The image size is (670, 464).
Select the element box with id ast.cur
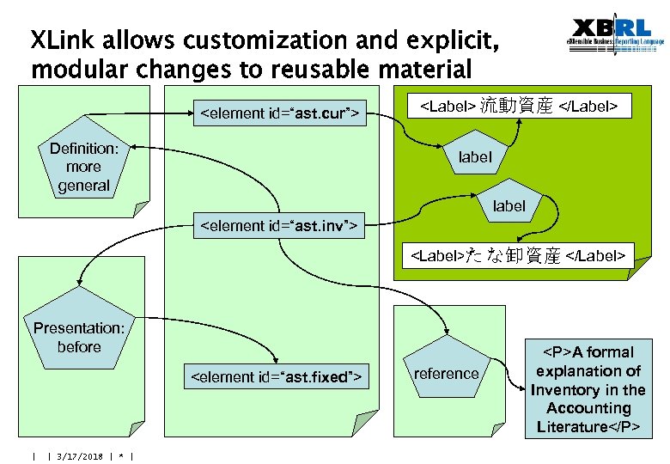point(278,113)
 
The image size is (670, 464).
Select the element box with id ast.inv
point(278,226)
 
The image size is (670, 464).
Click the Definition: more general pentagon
point(84,168)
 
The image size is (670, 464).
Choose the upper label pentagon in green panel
point(475,157)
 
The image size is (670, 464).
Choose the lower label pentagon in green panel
point(509,206)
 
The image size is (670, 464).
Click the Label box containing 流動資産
point(518,106)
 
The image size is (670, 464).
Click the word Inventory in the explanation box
point(563,389)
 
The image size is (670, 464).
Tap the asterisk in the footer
point(121,456)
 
